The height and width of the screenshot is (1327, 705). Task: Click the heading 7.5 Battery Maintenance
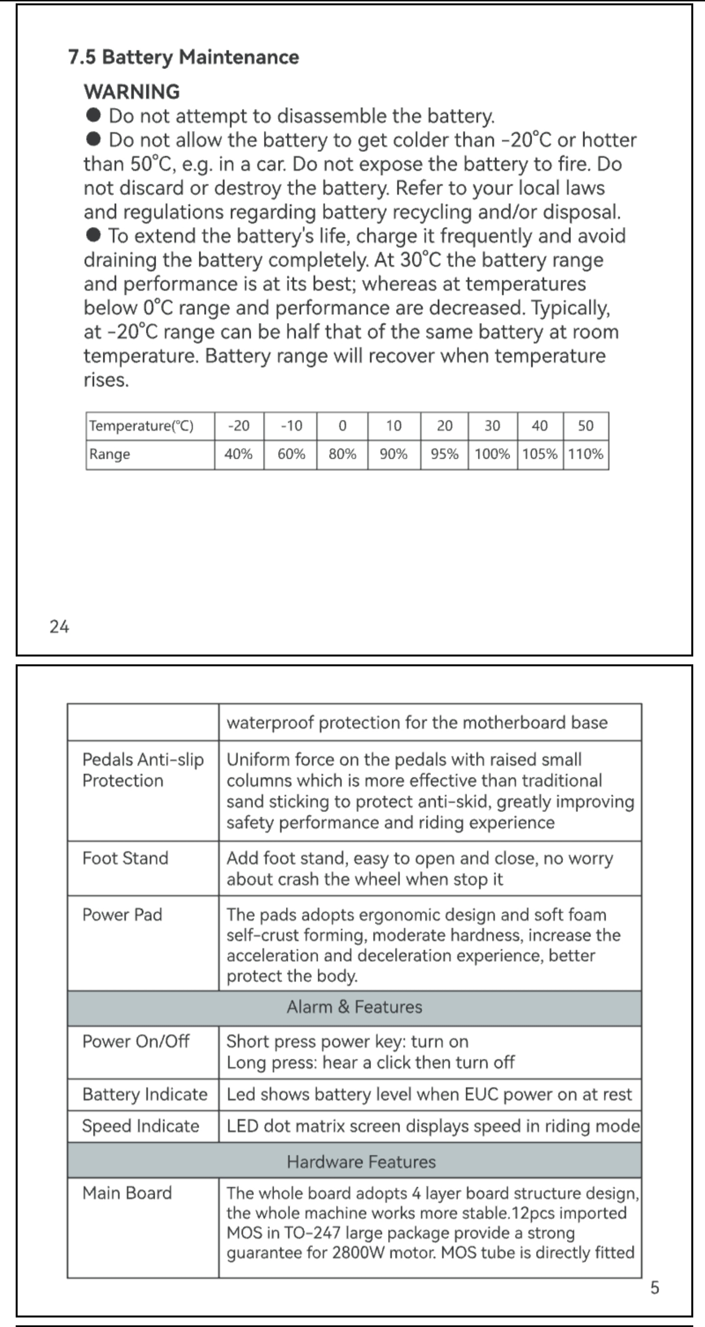coord(183,57)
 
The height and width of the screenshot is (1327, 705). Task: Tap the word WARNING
coord(132,92)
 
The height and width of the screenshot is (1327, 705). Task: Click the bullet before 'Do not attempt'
coord(93,115)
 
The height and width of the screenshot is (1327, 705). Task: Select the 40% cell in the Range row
coord(238,454)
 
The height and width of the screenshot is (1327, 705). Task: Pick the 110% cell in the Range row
coord(586,454)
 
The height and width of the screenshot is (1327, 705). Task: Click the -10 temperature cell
coord(291,426)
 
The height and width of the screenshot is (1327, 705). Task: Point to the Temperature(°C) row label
coord(141,426)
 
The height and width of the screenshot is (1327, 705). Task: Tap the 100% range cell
coord(492,454)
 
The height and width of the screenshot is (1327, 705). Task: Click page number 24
coord(59,626)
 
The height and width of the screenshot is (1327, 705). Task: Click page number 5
coord(655,1288)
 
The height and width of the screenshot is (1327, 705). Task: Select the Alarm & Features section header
coord(354,1007)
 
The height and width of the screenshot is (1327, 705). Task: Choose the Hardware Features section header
coord(361,1161)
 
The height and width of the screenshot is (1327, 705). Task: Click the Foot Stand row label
coord(125,858)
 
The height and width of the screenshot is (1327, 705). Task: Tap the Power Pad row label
coord(122,914)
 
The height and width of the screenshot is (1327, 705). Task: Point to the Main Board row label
coord(127,1192)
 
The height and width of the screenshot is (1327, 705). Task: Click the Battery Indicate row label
coord(145,1093)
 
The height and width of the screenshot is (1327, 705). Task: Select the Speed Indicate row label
coord(141,1126)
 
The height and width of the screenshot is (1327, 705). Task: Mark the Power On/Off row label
coord(136,1041)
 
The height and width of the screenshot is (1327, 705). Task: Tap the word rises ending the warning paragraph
coord(106,380)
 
